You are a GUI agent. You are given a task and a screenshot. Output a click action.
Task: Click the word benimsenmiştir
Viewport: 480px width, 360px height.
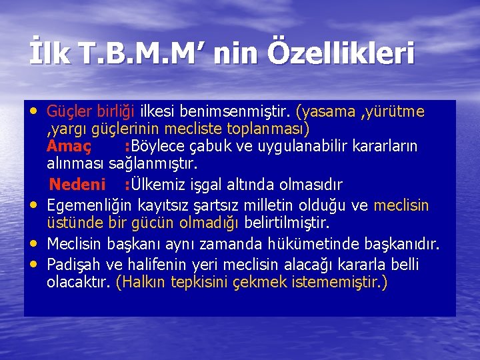click(x=247, y=110)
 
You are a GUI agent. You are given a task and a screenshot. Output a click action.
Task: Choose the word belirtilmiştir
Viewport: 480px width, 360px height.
click(x=287, y=222)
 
